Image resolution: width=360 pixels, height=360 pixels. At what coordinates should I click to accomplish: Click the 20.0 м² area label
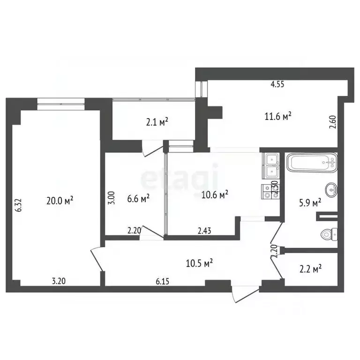click(60, 201)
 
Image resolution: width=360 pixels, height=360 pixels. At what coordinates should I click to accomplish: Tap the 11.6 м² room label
click(278, 116)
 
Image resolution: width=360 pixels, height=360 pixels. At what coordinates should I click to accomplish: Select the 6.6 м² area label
click(138, 198)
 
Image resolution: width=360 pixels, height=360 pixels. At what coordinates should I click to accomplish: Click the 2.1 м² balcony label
click(157, 122)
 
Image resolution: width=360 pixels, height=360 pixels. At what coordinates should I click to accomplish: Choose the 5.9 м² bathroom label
click(310, 202)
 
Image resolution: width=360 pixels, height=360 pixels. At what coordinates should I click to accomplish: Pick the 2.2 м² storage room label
click(310, 269)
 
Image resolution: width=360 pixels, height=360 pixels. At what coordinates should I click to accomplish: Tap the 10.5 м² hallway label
click(199, 263)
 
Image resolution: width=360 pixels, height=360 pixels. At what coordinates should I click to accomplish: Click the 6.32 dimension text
click(19, 205)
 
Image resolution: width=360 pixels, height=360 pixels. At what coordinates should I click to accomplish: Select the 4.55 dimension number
click(277, 84)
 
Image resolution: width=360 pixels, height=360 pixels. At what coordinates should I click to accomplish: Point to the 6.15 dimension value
click(162, 281)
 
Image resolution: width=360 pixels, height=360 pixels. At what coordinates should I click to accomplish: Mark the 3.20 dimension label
click(59, 281)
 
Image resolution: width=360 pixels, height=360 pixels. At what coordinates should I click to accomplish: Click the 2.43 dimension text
click(204, 231)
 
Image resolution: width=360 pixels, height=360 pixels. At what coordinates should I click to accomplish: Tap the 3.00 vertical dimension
click(112, 198)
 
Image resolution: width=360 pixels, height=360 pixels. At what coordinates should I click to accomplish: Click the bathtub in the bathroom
click(312, 163)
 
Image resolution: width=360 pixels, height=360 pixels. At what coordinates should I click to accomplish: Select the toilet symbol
click(329, 234)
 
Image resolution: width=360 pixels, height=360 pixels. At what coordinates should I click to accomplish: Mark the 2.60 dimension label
click(333, 122)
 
